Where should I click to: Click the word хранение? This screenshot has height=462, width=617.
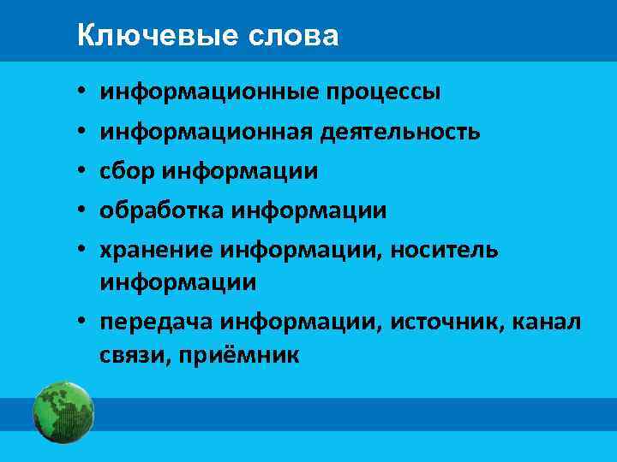156,249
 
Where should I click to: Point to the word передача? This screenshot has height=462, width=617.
156,322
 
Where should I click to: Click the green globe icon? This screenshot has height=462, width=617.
63,412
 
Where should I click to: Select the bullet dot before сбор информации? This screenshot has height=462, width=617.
79,171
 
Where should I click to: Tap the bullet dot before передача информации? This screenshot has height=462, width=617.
79,323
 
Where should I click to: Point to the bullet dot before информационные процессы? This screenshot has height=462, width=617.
79,92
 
